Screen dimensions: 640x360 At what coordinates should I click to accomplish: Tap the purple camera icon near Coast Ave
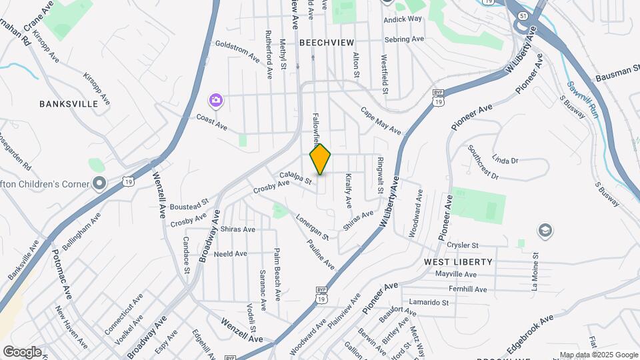pos(215,101)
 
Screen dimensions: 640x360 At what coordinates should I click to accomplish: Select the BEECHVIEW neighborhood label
pos(326,42)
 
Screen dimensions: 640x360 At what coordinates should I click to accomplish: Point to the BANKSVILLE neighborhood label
pos(69,104)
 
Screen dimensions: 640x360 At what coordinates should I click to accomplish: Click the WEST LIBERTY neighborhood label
pos(458,262)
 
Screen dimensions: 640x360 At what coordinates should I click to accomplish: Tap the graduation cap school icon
pos(545,231)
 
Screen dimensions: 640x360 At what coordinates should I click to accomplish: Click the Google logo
pos(22,352)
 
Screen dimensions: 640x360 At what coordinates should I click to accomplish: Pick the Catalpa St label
pos(296,177)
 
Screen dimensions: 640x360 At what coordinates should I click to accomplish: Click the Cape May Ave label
pos(381,121)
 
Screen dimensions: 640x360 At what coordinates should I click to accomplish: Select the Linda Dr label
pos(505,160)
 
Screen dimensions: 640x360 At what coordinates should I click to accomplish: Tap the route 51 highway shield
pos(522,15)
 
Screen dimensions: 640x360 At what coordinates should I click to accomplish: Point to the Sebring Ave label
pos(403,39)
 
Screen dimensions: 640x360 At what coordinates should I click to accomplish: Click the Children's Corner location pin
pos(99,182)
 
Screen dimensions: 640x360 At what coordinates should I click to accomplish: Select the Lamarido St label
pos(429,302)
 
